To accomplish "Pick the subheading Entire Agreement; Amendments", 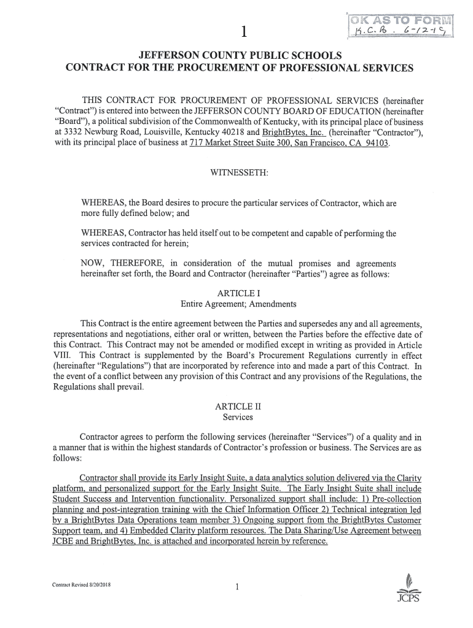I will click(230, 304).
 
